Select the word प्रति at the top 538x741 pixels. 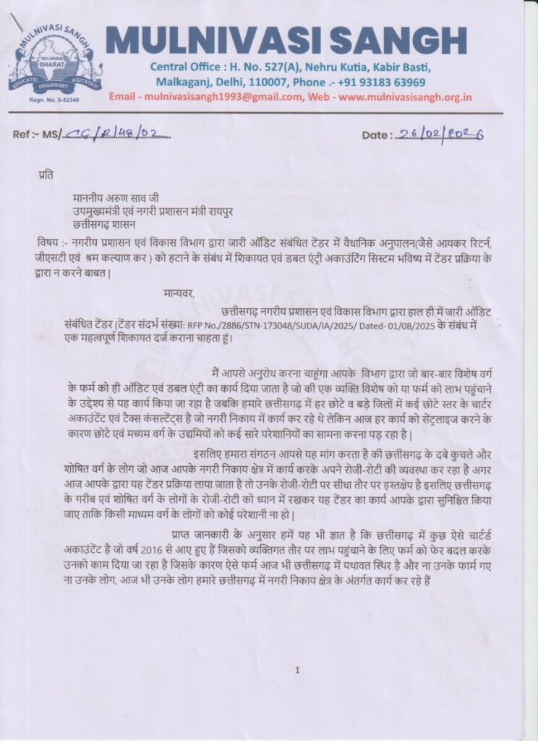46,174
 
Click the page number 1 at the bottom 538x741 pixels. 296,671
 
